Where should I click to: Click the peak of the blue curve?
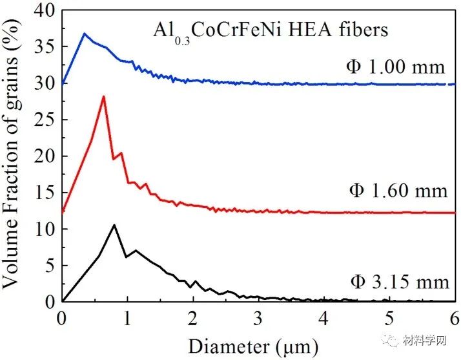(84, 33)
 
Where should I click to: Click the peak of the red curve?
(103, 96)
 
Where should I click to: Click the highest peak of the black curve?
(114, 225)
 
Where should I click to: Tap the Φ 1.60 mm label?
(398, 191)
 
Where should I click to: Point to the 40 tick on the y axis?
(43, 10)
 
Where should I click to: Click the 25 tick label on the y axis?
(43, 120)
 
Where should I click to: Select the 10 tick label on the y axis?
(43, 229)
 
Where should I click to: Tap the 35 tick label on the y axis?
(43, 47)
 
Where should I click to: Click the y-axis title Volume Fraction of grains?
(14, 155)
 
